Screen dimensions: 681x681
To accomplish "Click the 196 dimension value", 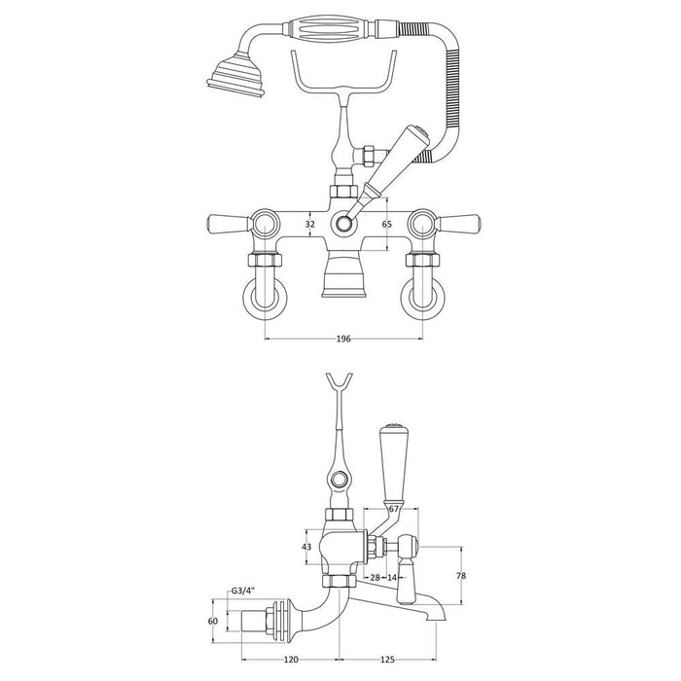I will [343, 340].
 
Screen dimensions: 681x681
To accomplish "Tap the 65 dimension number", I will [385, 224].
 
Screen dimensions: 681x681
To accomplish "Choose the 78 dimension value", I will [460, 576].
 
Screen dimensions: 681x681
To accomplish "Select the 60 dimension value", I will [214, 621].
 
